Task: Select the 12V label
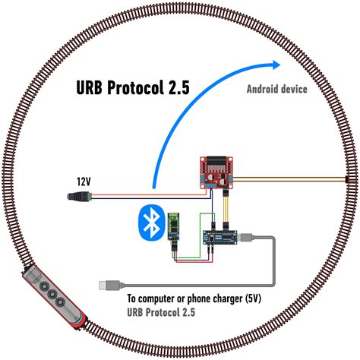84,182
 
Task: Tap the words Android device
276,90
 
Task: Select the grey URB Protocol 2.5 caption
161,312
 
